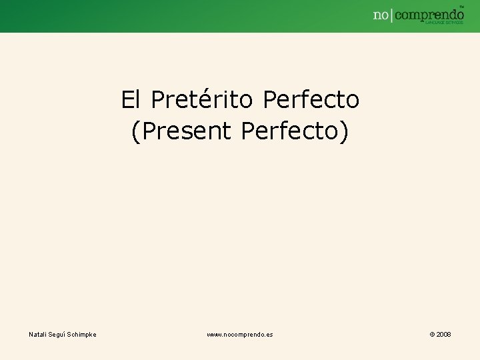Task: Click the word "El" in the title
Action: (x=130, y=100)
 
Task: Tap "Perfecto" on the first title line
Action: (x=311, y=100)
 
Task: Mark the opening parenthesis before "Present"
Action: (x=135, y=131)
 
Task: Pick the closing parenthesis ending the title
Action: (x=345, y=131)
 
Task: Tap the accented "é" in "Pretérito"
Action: (x=200, y=100)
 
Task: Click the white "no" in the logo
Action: (x=381, y=15)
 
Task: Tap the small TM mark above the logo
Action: (x=461, y=5)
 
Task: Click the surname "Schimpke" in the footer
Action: (x=83, y=334)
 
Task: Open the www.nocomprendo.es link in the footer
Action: (x=239, y=334)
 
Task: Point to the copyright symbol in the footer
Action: (x=432, y=334)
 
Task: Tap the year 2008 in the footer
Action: (x=443, y=334)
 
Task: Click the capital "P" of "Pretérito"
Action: (x=157, y=100)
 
